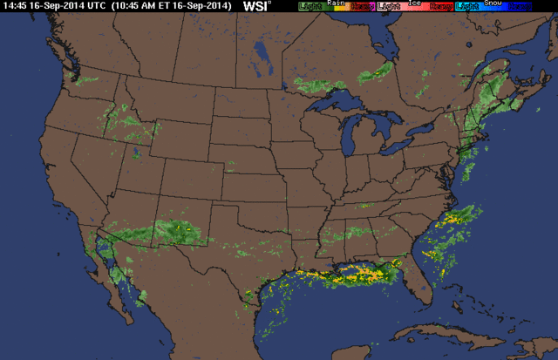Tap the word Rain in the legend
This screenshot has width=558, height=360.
(335, 3)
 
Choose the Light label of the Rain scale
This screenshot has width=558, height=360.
(309, 7)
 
